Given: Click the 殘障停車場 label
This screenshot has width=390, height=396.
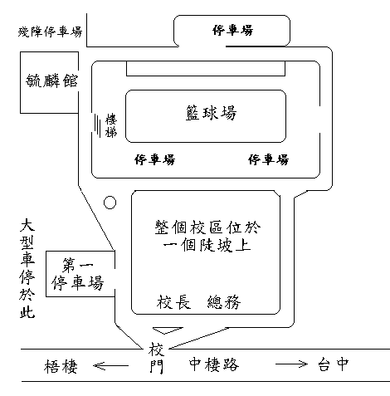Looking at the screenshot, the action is (x=50, y=32).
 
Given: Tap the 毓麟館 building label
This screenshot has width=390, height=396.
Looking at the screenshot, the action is (x=51, y=81).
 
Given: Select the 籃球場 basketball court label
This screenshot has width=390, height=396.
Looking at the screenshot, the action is (x=211, y=113).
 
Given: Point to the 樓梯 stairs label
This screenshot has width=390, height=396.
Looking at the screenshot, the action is (x=111, y=125).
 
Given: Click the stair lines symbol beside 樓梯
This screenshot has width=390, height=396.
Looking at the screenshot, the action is (x=97, y=125).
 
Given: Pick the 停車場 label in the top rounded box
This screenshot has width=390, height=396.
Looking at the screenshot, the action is (x=232, y=30).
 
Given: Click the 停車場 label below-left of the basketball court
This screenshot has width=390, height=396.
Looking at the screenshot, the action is (x=155, y=159).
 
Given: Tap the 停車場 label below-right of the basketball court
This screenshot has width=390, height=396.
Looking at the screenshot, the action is (x=268, y=159).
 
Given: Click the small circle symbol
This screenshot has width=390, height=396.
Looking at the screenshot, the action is (x=110, y=203).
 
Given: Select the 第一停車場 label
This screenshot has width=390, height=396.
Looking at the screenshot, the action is (x=78, y=274).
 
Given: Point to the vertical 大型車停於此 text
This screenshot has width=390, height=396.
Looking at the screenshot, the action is (x=27, y=268).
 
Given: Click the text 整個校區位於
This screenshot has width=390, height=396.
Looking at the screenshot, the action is (x=207, y=227).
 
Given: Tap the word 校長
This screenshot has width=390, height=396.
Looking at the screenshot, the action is (x=173, y=301).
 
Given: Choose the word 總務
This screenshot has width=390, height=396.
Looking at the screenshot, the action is (x=224, y=301).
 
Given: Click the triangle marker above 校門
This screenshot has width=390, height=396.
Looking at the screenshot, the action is (x=168, y=330).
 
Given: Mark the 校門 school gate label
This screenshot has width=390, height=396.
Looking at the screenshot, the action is (x=156, y=358).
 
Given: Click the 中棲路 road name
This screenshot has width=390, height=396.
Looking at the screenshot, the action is (x=214, y=364).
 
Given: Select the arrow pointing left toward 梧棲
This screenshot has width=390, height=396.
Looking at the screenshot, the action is (x=111, y=366).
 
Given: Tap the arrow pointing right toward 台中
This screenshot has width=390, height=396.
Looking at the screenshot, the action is (x=291, y=364).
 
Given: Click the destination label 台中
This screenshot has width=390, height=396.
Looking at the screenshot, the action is (x=334, y=364).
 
